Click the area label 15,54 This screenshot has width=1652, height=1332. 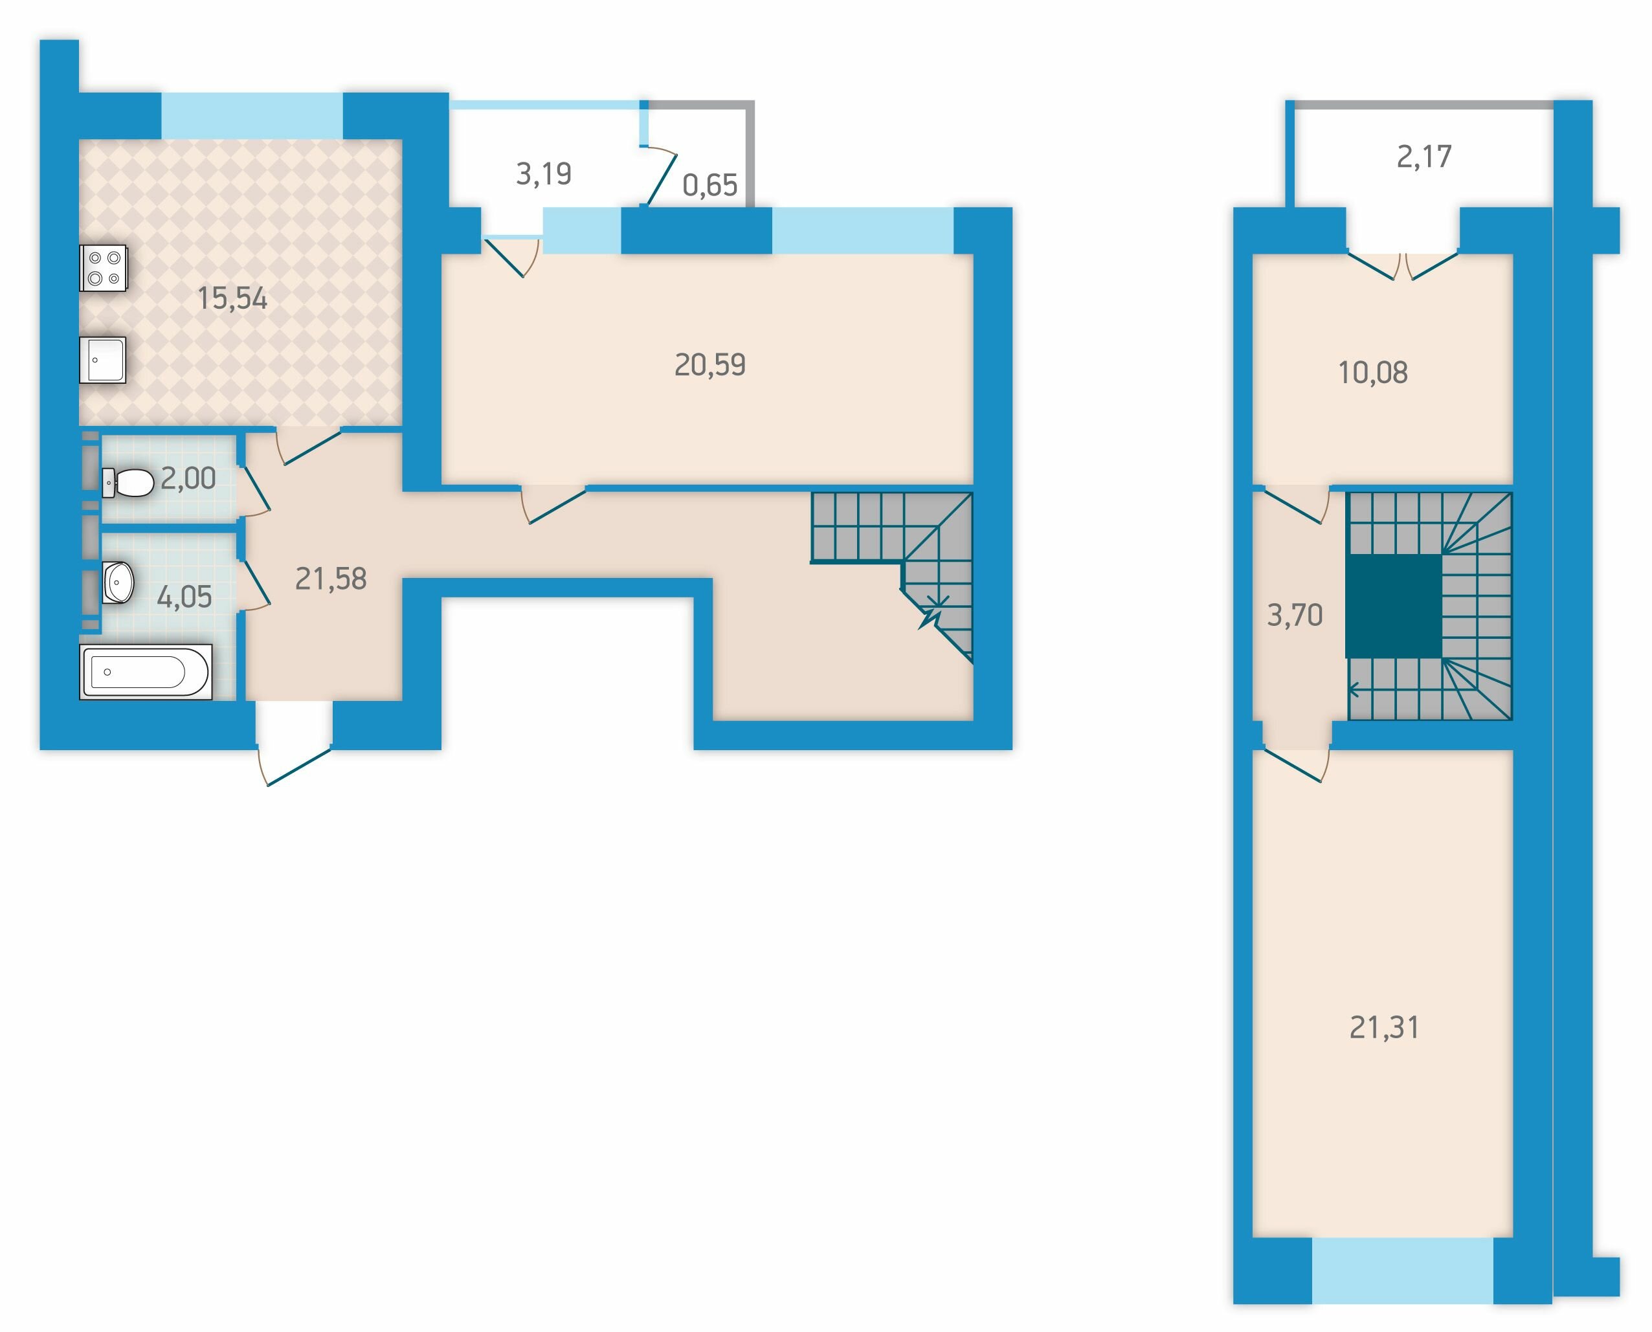[x=232, y=298]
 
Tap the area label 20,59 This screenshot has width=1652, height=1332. [x=709, y=364]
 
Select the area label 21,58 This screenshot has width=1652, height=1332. [x=331, y=579]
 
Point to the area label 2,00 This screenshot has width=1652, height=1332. [x=188, y=479]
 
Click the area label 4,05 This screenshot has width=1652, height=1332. [x=184, y=596]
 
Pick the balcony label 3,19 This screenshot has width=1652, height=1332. [x=543, y=174]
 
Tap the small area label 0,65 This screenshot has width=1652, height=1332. [x=709, y=186]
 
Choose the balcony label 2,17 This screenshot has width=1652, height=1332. [x=1424, y=157]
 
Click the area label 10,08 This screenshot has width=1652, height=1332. [x=1373, y=373]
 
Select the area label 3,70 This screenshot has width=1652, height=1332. [x=1295, y=616]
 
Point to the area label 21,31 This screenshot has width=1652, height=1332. [x=1384, y=1027]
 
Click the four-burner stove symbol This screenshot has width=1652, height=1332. [x=104, y=268]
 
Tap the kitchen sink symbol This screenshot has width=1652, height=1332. [x=103, y=359]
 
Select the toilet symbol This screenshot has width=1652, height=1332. [x=128, y=482]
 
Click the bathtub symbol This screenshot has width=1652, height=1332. [x=146, y=672]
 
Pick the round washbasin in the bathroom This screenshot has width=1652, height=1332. [x=119, y=583]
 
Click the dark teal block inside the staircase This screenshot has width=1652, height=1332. [x=1394, y=605]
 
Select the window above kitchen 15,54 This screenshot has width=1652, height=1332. [x=252, y=116]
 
